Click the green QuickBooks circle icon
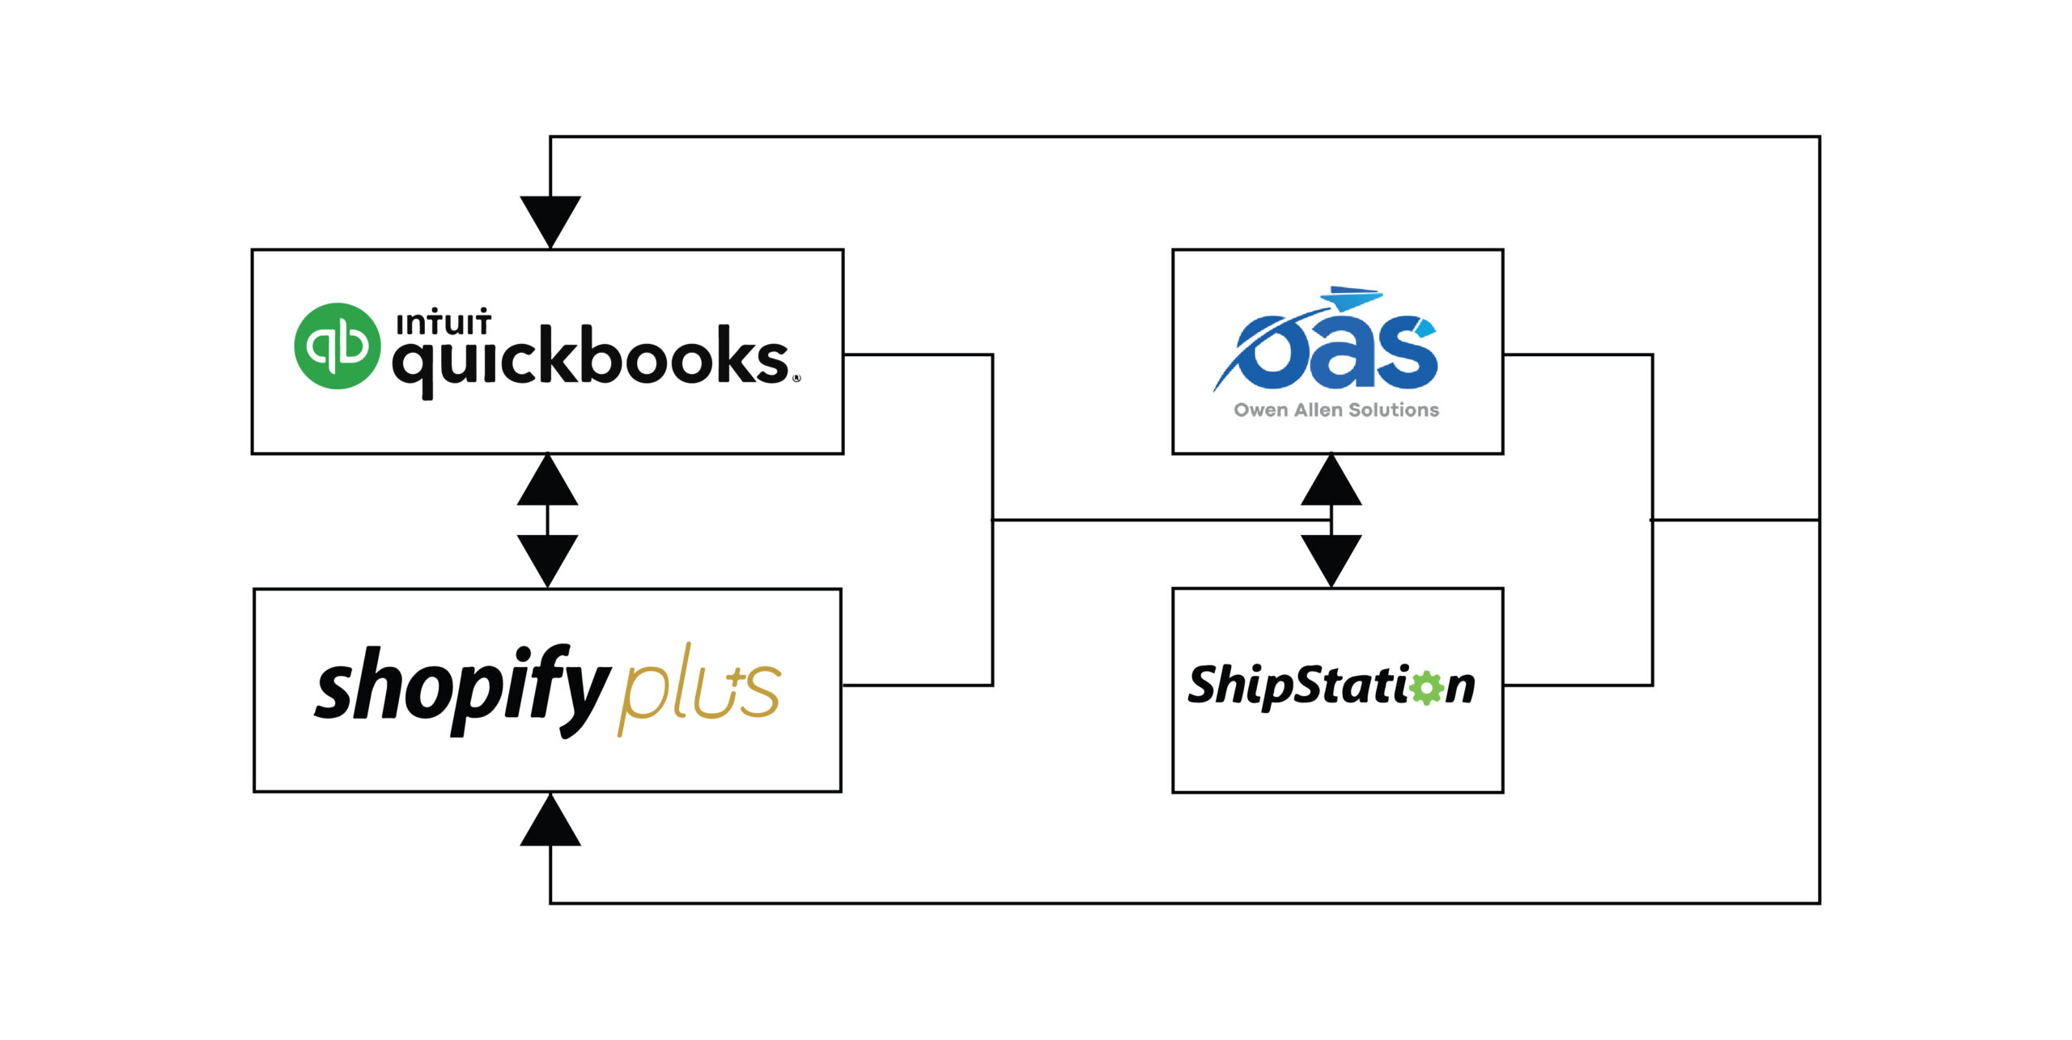click(x=337, y=346)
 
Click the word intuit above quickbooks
click(x=444, y=322)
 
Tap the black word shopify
click(x=461, y=688)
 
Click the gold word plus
click(x=701, y=686)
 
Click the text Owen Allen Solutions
click(x=1336, y=410)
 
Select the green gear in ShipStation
click(x=1426, y=687)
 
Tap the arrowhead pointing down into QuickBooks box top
click(x=550, y=220)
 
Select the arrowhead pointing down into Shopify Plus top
click(x=548, y=559)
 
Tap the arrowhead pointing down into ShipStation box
click(x=1331, y=559)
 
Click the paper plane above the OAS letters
click(x=1353, y=299)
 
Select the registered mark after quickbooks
click(x=796, y=378)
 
